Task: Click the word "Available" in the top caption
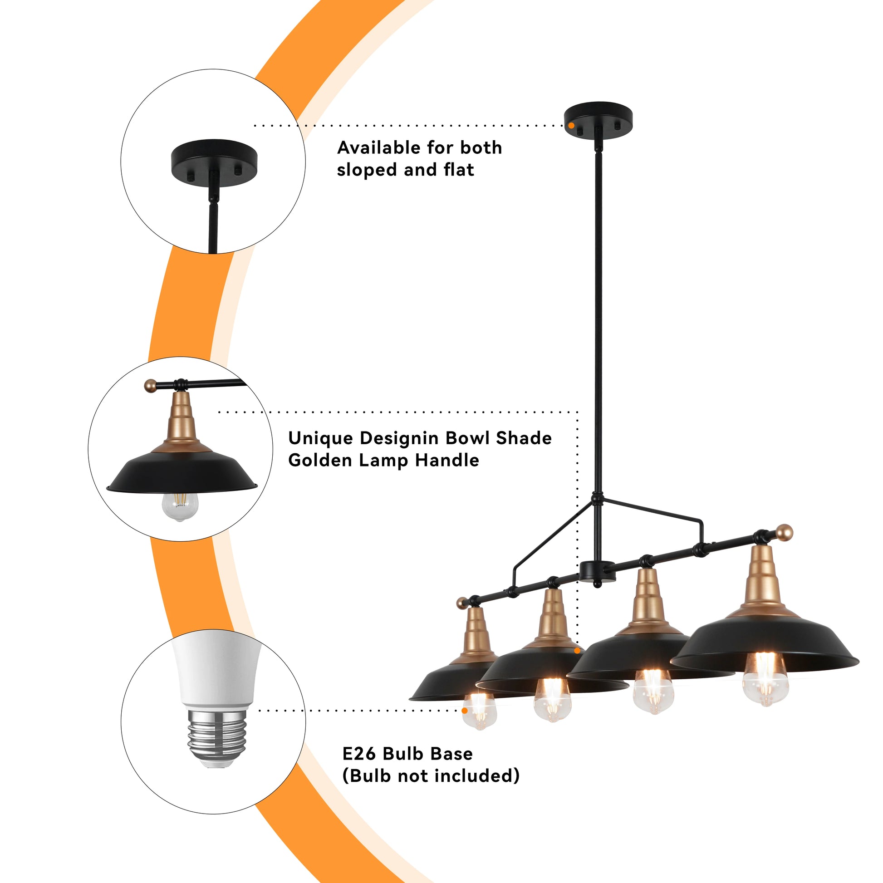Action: pos(379,147)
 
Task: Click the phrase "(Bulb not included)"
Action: pos(431,776)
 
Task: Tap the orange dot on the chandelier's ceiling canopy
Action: pos(571,125)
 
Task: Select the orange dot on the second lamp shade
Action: pos(577,650)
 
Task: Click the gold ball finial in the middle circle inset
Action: pos(150,386)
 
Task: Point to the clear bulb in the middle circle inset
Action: pos(180,506)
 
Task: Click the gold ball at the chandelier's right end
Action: pos(785,533)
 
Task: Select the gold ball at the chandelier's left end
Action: pos(462,603)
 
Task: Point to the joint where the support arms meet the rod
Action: pos(597,498)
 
